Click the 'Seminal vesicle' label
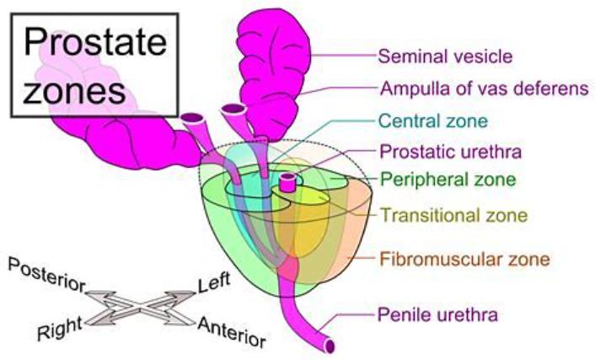click(x=446, y=56)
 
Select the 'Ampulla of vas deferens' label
click(x=485, y=89)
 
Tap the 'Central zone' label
click(x=433, y=121)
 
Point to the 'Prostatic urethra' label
click(x=450, y=152)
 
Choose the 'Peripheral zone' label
click(x=448, y=180)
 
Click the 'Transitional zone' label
click(x=454, y=215)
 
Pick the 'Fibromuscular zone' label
click(x=465, y=260)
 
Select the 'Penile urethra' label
click(x=437, y=314)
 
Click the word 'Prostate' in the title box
click(x=95, y=42)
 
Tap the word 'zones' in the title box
click(x=74, y=92)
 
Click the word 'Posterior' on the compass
click(x=46, y=275)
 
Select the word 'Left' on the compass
click(x=214, y=282)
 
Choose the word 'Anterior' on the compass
click(x=232, y=332)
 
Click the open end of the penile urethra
click(x=330, y=346)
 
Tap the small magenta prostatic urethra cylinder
click(x=287, y=182)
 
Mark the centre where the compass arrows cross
click(x=140, y=309)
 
